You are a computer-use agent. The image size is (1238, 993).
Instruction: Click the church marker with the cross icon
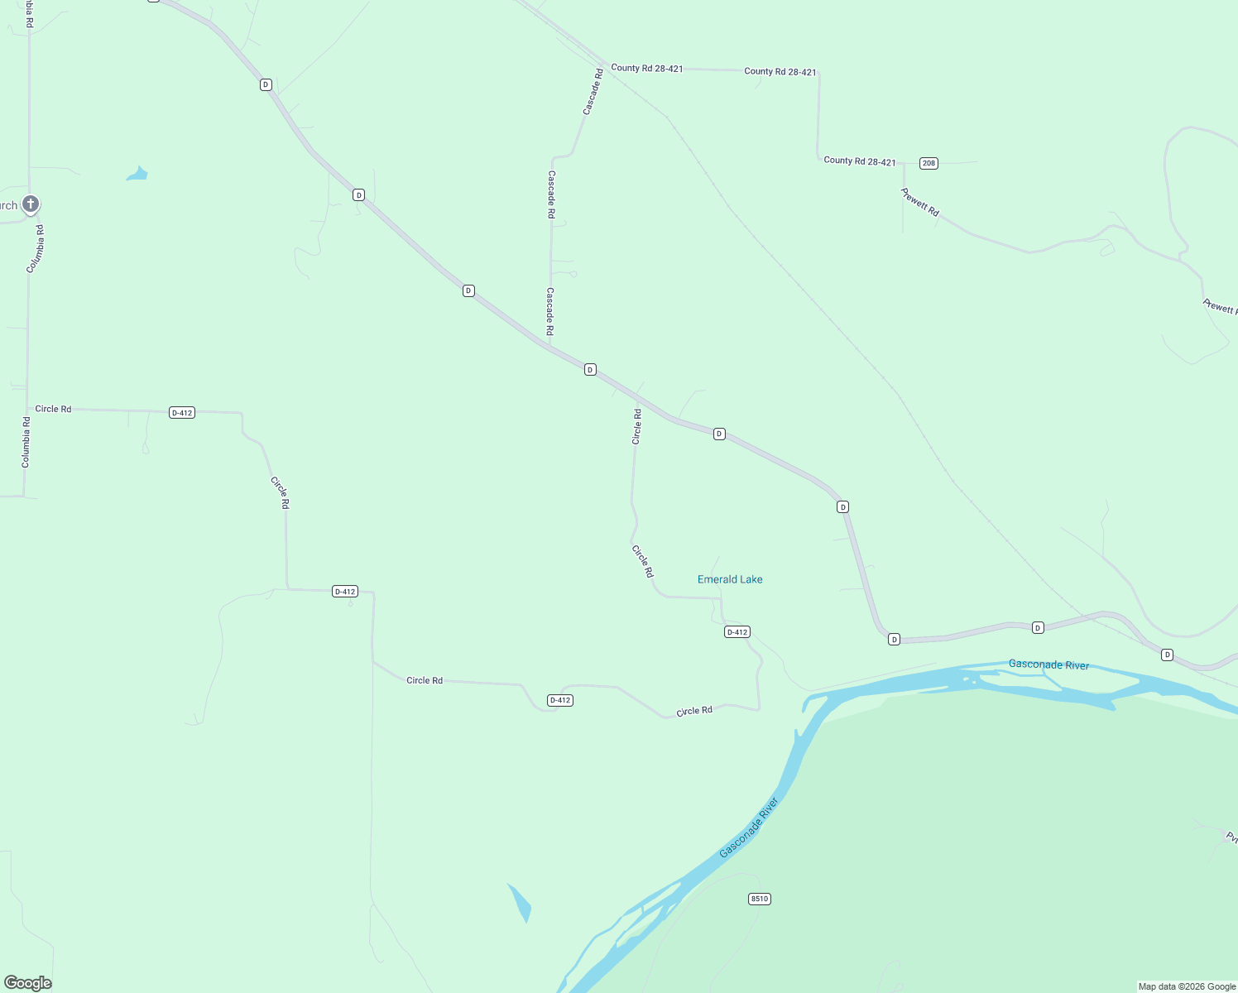click(30, 204)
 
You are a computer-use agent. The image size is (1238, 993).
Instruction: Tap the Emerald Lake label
click(730, 579)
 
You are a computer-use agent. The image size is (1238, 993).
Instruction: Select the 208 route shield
click(928, 163)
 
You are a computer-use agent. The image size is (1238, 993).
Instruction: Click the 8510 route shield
click(759, 899)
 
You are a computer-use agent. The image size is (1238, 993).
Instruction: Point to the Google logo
click(27, 983)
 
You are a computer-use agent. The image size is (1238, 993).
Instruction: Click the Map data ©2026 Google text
click(1187, 986)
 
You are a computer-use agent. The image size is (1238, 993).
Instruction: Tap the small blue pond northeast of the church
click(137, 174)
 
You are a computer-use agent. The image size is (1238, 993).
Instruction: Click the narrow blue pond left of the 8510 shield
click(520, 903)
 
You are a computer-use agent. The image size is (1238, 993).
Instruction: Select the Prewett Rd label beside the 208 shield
click(920, 203)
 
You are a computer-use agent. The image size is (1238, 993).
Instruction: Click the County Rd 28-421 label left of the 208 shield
click(859, 161)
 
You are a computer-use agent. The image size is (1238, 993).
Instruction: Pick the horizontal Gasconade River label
click(1048, 664)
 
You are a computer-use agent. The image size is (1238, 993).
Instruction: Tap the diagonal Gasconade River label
click(749, 827)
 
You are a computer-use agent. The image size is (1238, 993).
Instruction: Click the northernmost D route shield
click(266, 84)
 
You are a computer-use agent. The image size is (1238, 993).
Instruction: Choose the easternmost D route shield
click(1167, 655)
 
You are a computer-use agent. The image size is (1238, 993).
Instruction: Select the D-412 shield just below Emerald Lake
click(737, 632)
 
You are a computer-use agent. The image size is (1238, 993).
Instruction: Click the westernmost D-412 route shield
click(181, 412)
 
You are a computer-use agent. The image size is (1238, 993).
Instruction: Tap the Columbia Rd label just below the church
click(36, 248)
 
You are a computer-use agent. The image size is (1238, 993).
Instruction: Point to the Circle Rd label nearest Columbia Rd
click(53, 409)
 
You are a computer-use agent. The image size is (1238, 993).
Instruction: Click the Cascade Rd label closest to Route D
click(549, 311)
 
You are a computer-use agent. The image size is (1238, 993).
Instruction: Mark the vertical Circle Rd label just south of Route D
click(636, 426)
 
